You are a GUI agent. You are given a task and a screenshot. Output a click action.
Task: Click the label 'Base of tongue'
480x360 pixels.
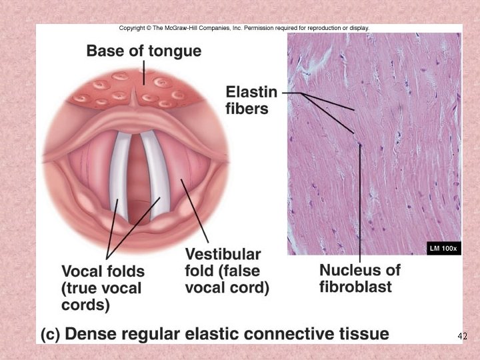coord(143,51)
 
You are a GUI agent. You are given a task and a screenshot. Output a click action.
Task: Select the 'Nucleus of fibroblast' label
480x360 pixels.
coord(360,279)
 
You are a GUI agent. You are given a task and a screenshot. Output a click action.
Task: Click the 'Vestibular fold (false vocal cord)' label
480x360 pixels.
coord(227,271)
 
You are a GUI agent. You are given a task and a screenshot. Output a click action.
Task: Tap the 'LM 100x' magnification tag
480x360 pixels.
coord(443,249)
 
